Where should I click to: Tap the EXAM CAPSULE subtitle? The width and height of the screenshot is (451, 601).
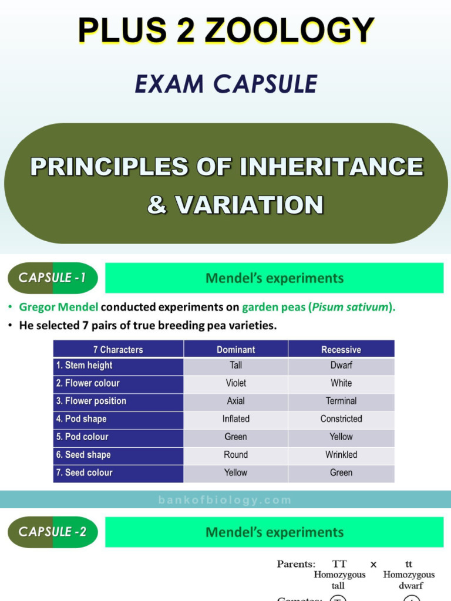[226, 84]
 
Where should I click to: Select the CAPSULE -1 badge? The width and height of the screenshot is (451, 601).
[52, 278]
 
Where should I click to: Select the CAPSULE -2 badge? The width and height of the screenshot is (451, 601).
[52, 532]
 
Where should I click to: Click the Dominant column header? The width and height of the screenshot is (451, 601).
[235, 350]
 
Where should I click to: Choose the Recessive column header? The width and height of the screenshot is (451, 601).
[341, 350]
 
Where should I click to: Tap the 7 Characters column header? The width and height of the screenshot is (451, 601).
[118, 350]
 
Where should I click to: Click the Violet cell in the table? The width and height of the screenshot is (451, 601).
[235, 383]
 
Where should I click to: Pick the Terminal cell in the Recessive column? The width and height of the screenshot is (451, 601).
[341, 401]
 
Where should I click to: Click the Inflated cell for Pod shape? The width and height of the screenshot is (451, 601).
[235, 419]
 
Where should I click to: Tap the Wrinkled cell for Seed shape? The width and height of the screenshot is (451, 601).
[341, 455]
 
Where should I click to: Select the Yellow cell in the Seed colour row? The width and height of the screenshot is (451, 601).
[235, 472]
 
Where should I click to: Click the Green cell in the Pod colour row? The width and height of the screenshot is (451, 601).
[235, 437]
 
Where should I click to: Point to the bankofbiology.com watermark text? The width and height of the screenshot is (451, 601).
[225, 500]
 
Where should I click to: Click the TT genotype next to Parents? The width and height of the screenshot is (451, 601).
[339, 564]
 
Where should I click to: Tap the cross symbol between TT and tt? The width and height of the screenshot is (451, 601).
[373, 565]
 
